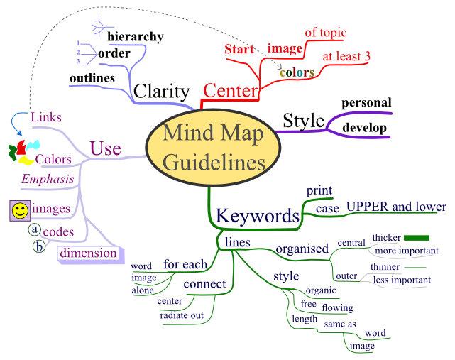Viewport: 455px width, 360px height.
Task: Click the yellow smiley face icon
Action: (x=20, y=210)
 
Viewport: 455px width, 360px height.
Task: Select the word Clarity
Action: (x=162, y=92)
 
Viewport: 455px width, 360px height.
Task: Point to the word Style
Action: (x=303, y=119)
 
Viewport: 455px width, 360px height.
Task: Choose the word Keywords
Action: (x=256, y=216)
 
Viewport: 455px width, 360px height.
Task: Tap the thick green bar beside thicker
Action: (x=417, y=237)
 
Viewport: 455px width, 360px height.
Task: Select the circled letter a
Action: (x=33, y=230)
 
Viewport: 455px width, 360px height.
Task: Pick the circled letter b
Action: (x=40, y=247)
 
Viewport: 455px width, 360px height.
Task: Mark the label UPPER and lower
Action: (x=396, y=207)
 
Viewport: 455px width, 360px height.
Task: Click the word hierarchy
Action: (x=135, y=36)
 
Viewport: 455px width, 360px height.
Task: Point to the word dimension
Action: (x=88, y=253)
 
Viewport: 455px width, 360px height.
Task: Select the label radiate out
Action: (x=182, y=315)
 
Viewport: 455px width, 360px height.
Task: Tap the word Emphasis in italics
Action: (x=48, y=180)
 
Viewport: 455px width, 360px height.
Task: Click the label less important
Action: (x=402, y=280)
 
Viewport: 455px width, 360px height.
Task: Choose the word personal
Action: (x=366, y=102)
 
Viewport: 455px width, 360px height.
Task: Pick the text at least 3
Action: (x=347, y=55)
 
